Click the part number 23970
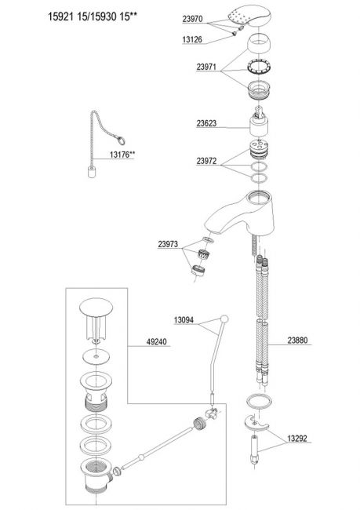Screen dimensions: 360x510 [x=192, y=19]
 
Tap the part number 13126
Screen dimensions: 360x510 [x=192, y=40]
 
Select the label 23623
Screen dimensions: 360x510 [x=206, y=123]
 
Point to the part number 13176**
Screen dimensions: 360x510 [x=122, y=155]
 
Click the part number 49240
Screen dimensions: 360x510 [x=156, y=341]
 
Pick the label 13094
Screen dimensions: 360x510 [x=184, y=320]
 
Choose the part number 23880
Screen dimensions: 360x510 [x=297, y=341]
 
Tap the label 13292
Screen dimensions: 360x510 [x=297, y=439]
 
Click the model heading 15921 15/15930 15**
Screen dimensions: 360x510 [x=93, y=16]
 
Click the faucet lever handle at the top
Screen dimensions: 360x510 [x=249, y=15]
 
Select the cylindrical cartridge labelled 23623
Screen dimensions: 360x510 [x=259, y=122]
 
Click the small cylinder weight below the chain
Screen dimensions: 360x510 [x=92, y=171]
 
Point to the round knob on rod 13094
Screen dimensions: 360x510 [x=224, y=319]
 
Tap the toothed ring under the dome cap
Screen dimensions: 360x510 [x=259, y=67]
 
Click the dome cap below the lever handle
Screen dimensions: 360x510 [x=259, y=44]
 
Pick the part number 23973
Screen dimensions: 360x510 [x=168, y=244]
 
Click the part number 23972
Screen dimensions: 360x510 [x=206, y=161]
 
